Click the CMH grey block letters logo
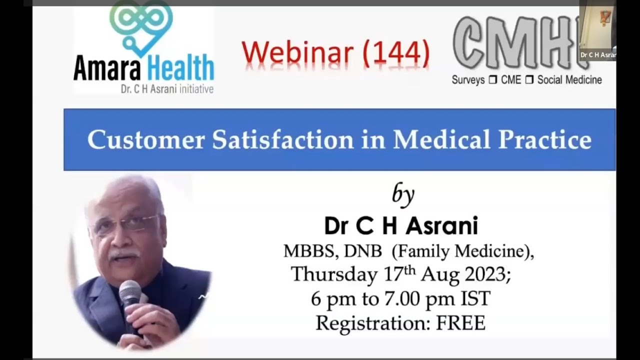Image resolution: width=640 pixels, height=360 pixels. (x=515, y=44)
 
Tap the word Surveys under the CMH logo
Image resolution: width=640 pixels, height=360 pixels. (x=468, y=80)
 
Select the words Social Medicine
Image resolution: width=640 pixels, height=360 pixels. (x=569, y=80)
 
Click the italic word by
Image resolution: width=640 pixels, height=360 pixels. (x=403, y=195)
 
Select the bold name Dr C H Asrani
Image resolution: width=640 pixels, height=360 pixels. (x=401, y=226)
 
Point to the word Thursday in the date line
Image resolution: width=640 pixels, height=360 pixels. (x=334, y=274)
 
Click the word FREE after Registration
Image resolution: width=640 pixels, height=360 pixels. (x=460, y=323)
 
